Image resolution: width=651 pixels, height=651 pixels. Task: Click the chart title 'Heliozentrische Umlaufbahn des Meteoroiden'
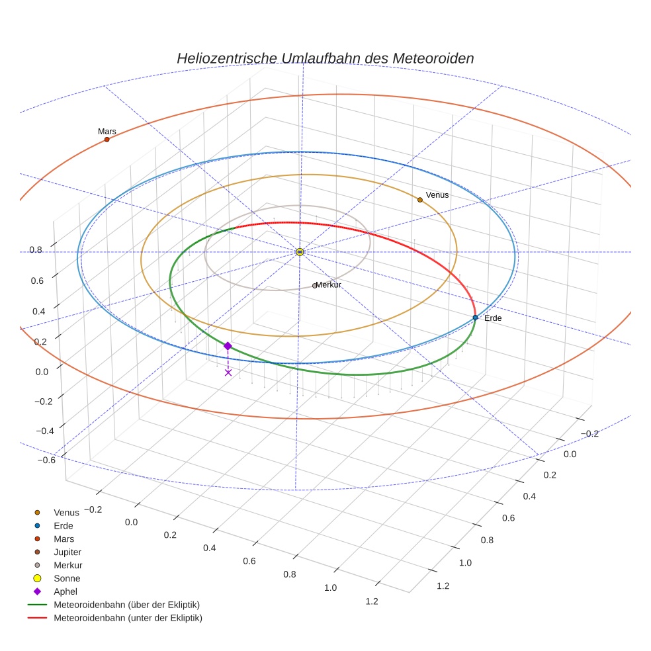pos(325,58)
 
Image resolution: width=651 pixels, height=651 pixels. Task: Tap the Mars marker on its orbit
pos(107,139)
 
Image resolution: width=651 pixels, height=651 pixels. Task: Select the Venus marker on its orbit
pos(419,199)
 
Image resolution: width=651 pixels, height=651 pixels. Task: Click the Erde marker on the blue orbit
pos(475,318)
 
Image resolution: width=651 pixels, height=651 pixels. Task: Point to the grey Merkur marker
pos(315,286)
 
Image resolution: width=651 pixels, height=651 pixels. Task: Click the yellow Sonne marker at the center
pos(300,252)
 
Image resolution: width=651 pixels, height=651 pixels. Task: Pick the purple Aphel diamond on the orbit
pos(228,346)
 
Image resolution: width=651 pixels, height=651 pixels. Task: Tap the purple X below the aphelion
pos(228,372)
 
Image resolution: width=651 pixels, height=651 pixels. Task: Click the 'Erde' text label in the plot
pos(493,318)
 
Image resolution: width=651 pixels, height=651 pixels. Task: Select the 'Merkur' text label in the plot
pos(329,284)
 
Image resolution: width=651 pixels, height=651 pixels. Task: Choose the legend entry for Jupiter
pos(67,552)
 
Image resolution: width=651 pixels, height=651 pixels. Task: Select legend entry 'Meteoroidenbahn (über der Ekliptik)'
pos(126,605)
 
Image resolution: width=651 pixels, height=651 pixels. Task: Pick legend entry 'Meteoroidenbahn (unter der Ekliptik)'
pos(128,618)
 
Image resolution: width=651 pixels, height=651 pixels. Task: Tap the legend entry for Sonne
pos(66,578)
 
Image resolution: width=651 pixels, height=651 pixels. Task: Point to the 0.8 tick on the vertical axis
pos(36,249)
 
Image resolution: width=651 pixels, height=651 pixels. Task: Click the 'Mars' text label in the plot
pos(107,131)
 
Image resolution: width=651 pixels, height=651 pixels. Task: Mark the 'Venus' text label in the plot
pos(437,195)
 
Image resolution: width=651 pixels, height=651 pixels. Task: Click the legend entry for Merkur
pos(67,565)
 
